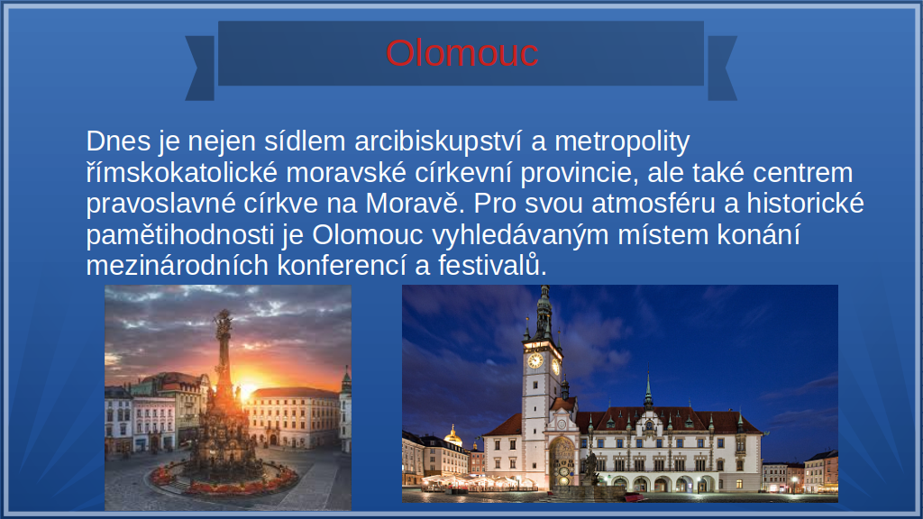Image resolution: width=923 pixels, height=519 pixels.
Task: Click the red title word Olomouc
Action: (x=462, y=53)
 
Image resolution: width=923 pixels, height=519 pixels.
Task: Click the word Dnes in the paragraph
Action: (x=118, y=141)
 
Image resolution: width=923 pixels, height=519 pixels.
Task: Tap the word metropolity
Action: (x=622, y=142)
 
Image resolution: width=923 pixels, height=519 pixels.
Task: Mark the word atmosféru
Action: (x=653, y=203)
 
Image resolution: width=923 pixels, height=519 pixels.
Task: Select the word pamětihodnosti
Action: (x=180, y=235)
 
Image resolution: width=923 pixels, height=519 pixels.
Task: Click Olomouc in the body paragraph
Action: (x=368, y=235)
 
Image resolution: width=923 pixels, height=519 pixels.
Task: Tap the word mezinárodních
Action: (x=178, y=266)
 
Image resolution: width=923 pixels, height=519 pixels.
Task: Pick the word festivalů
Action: (x=492, y=266)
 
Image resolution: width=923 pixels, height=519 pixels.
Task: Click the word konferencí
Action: (x=342, y=266)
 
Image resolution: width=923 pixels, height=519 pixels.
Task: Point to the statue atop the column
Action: (x=224, y=322)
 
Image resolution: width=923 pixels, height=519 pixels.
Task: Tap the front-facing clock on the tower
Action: (x=535, y=360)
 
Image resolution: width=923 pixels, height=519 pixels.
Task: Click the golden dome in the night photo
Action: (x=452, y=437)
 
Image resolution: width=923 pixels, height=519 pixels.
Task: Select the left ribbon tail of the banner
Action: (x=200, y=68)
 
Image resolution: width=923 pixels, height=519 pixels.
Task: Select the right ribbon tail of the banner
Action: (x=722, y=68)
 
